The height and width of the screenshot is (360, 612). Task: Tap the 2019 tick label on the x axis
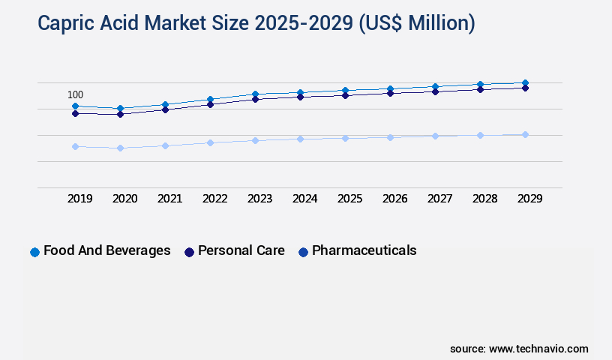pyautogui.click(x=80, y=199)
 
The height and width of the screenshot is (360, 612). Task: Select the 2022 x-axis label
pyautogui.click(x=215, y=199)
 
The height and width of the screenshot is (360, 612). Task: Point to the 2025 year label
pyautogui.click(x=350, y=199)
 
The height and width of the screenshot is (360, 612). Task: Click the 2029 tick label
pyautogui.click(x=529, y=199)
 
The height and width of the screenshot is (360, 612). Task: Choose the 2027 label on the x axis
pyautogui.click(x=439, y=199)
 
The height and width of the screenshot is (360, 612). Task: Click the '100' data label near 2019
pyautogui.click(x=76, y=94)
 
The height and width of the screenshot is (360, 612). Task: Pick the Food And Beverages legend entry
pyautogui.click(x=100, y=250)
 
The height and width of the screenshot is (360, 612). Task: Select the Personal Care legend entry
pyautogui.click(x=235, y=250)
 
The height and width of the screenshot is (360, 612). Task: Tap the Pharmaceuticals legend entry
pyautogui.click(x=358, y=250)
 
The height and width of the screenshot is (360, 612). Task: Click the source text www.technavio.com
pyautogui.click(x=519, y=349)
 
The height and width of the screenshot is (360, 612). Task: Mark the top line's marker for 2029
pyautogui.click(x=525, y=82)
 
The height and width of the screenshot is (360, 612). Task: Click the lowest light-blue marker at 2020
pyautogui.click(x=120, y=148)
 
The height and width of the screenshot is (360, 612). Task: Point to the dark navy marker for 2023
pyautogui.click(x=255, y=99)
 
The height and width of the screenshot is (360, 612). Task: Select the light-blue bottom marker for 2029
pyautogui.click(x=525, y=134)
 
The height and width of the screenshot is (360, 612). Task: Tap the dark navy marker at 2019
pyautogui.click(x=75, y=113)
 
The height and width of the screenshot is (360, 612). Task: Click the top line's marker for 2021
pyautogui.click(x=165, y=104)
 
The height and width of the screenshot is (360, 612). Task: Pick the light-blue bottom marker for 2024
pyautogui.click(x=300, y=139)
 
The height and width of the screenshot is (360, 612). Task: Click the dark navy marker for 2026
pyautogui.click(x=390, y=93)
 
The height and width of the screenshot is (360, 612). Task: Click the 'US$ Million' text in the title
pyautogui.click(x=416, y=23)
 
